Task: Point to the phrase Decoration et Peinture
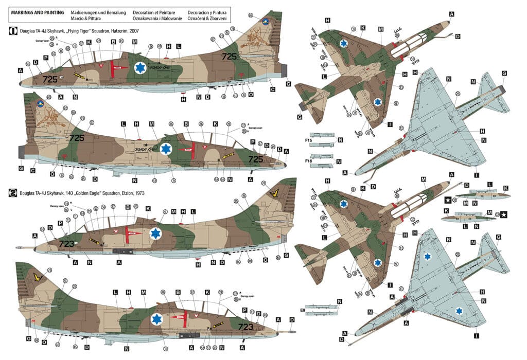(152, 11)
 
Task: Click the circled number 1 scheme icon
(13, 31)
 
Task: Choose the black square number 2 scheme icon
(13, 193)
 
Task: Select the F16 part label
(308, 161)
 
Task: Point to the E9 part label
(303, 310)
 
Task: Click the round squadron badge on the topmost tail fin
(266, 22)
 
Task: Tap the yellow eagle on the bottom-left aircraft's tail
(37, 278)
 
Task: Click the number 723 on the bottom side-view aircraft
(244, 326)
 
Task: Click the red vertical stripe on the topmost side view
(112, 68)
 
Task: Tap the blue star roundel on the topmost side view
(140, 67)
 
